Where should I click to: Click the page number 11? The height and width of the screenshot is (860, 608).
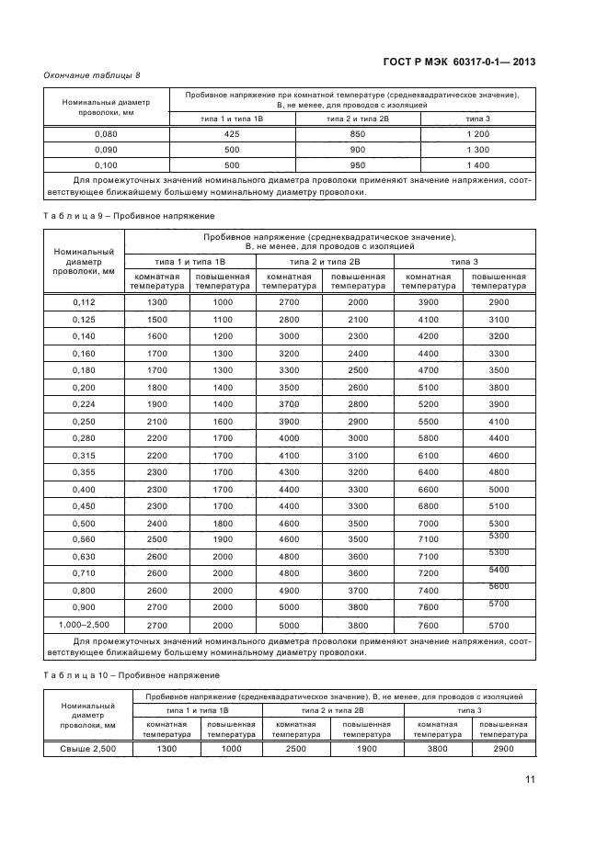[x=530, y=781]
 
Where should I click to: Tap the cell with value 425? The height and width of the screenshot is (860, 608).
[x=232, y=134]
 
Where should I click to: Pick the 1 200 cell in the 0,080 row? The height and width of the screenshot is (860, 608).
[x=477, y=134]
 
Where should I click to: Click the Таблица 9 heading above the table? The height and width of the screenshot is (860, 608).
[x=129, y=215]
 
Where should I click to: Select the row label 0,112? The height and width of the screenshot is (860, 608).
[x=84, y=302]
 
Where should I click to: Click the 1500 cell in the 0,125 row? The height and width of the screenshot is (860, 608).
[x=157, y=319]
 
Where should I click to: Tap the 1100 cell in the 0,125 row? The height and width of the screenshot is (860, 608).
[x=223, y=319]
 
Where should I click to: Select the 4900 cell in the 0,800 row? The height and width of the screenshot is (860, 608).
[x=290, y=590]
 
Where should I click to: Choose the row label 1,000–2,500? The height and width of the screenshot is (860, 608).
[x=84, y=625]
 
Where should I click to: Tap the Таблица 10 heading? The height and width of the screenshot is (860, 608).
[x=132, y=676]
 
